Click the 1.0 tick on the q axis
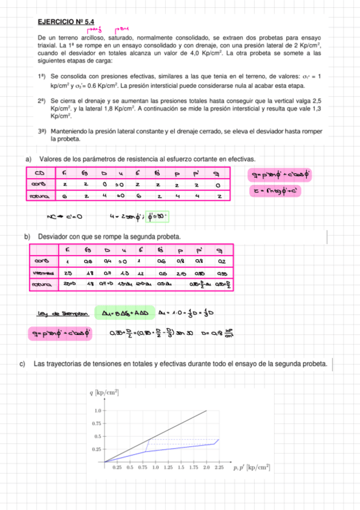[x=97, y=410]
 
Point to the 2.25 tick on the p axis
[x=219, y=467]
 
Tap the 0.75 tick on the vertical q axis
[x=96, y=423]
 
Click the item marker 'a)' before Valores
[x=28, y=159]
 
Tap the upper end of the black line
[x=207, y=410]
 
